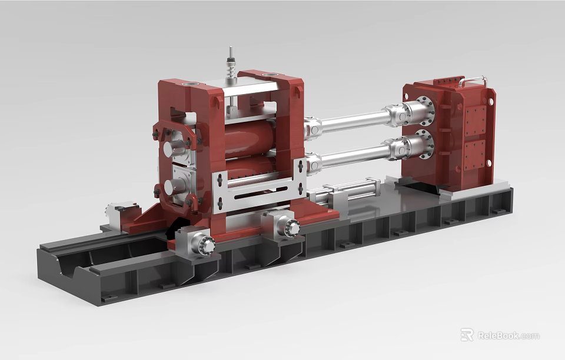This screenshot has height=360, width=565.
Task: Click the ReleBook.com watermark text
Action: tap(508, 335)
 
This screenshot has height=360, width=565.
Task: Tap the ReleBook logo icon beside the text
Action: tap(467, 335)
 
